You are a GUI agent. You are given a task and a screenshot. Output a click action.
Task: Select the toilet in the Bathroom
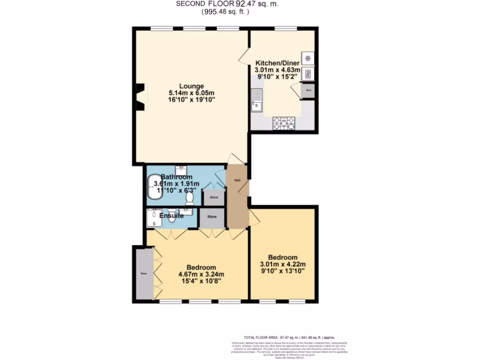[190, 199]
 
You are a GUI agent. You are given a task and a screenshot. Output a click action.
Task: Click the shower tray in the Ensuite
[153, 218]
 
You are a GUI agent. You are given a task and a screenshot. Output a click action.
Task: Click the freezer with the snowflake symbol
[308, 58]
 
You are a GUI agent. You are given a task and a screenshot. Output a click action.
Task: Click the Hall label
[237, 180]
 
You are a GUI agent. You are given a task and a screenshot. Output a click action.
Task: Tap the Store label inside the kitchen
[308, 89]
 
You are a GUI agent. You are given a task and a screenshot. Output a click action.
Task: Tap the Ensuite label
[171, 216]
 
